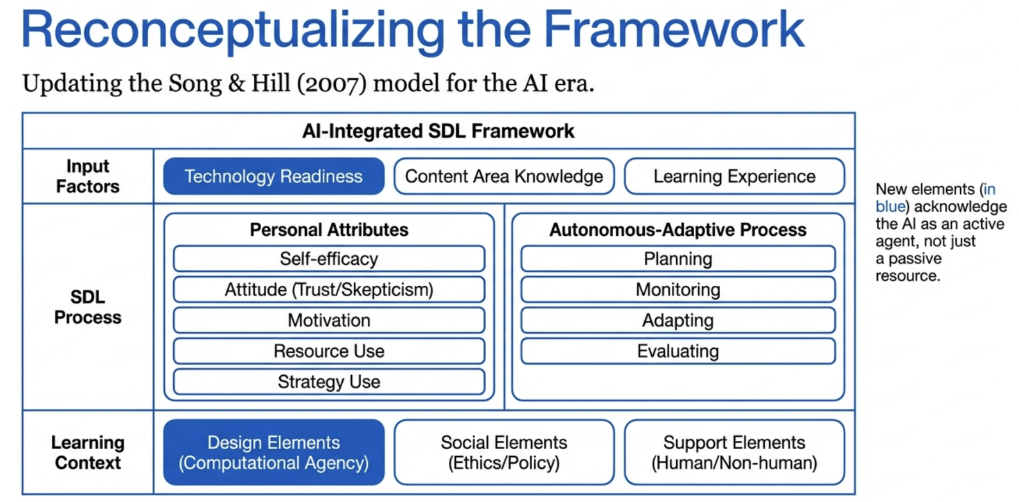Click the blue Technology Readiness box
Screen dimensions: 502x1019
pos(273,176)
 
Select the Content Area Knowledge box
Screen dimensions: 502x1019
pos(504,176)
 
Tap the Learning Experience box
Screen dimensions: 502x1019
pos(734,176)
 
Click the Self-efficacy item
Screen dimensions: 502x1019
pos(329,259)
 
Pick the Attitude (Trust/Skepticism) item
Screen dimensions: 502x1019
pos(329,290)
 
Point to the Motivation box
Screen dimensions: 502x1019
pos(329,320)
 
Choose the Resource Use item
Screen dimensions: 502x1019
pos(329,351)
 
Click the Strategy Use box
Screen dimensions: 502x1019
pos(329,382)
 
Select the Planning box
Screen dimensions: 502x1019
pos(678,259)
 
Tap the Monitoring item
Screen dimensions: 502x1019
pos(678,290)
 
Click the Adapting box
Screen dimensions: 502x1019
pos(678,320)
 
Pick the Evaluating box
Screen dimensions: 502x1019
pos(678,351)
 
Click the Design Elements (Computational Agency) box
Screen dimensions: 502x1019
pos(273,452)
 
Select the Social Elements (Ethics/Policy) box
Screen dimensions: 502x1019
pos(504,452)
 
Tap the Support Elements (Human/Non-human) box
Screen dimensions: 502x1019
pos(734,452)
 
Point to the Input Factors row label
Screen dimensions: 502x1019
pos(88,176)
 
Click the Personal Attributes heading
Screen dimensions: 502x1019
pos(329,230)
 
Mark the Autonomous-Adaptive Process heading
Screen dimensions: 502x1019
pos(678,230)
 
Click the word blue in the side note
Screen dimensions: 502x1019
pos(890,207)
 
